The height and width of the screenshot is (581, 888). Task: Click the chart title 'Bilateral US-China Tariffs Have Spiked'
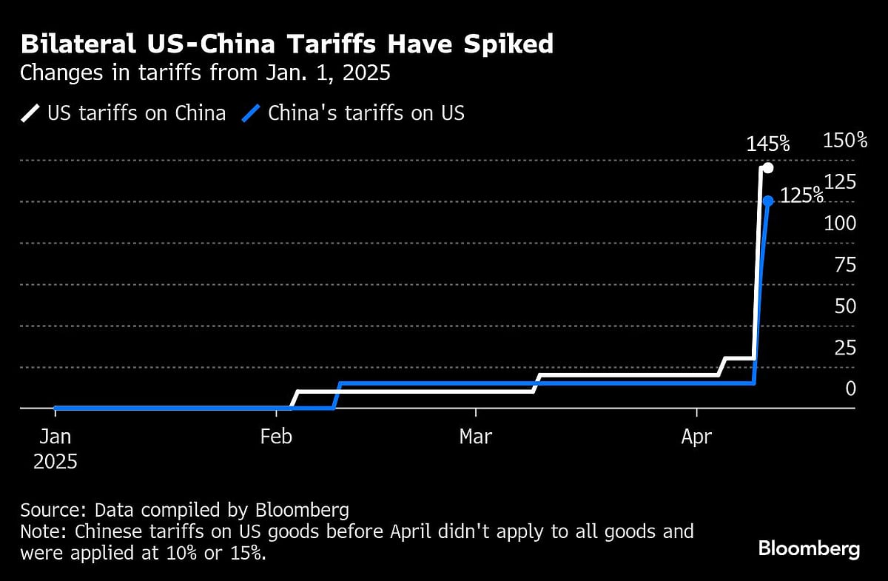tap(287, 44)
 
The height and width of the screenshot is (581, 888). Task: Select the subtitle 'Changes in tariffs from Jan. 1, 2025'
tap(205, 74)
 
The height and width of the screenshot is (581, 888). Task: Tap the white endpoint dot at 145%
tap(768, 168)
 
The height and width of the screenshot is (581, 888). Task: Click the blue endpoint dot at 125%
tap(768, 201)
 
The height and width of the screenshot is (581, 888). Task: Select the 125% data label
tap(802, 195)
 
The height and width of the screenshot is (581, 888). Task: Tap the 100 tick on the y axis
tap(841, 224)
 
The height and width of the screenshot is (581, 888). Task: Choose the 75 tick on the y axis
tap(844, 265)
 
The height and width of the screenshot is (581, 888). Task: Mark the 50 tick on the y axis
tap(844, 306)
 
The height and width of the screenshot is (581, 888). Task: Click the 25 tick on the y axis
tap(844, 348)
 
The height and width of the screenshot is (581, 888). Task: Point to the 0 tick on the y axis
tap(850, 389)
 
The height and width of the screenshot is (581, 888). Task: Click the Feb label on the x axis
tap(276, 437)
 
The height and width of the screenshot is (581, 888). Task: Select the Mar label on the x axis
tap(476, 437)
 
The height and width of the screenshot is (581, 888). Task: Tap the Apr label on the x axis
tap(696, 437)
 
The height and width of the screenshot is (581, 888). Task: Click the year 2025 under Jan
tap(55, 462)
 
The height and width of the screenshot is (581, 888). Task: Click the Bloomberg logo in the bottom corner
tap(809, 549)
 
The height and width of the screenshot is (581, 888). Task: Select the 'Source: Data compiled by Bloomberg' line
tap(184, 511)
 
